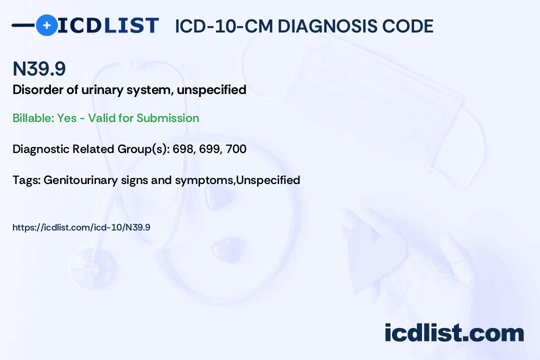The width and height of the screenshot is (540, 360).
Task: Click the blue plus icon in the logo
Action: [47, 25]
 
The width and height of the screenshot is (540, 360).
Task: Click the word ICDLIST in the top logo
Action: [108, 25]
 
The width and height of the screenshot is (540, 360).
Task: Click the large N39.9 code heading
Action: [39, 68]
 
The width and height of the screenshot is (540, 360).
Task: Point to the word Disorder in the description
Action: [37, 89]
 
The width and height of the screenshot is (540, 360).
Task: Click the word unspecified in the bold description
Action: [211, 90]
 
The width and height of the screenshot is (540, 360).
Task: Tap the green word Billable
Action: [33, 118]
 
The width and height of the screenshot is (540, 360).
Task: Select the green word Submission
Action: [167, 118]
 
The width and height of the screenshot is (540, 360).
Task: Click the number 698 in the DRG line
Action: [183, 149]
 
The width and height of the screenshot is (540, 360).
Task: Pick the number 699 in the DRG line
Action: [209, 149]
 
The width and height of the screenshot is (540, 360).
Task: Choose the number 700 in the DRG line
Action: [236, 149]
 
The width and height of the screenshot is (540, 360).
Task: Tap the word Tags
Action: [26, 180]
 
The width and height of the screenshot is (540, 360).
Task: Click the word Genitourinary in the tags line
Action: [80, 180]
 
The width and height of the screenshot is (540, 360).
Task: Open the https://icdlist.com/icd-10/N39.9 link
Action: [81, 227]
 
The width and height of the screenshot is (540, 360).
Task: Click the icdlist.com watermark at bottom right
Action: [454, 333]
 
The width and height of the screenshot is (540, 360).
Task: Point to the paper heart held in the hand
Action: [375, 255]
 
